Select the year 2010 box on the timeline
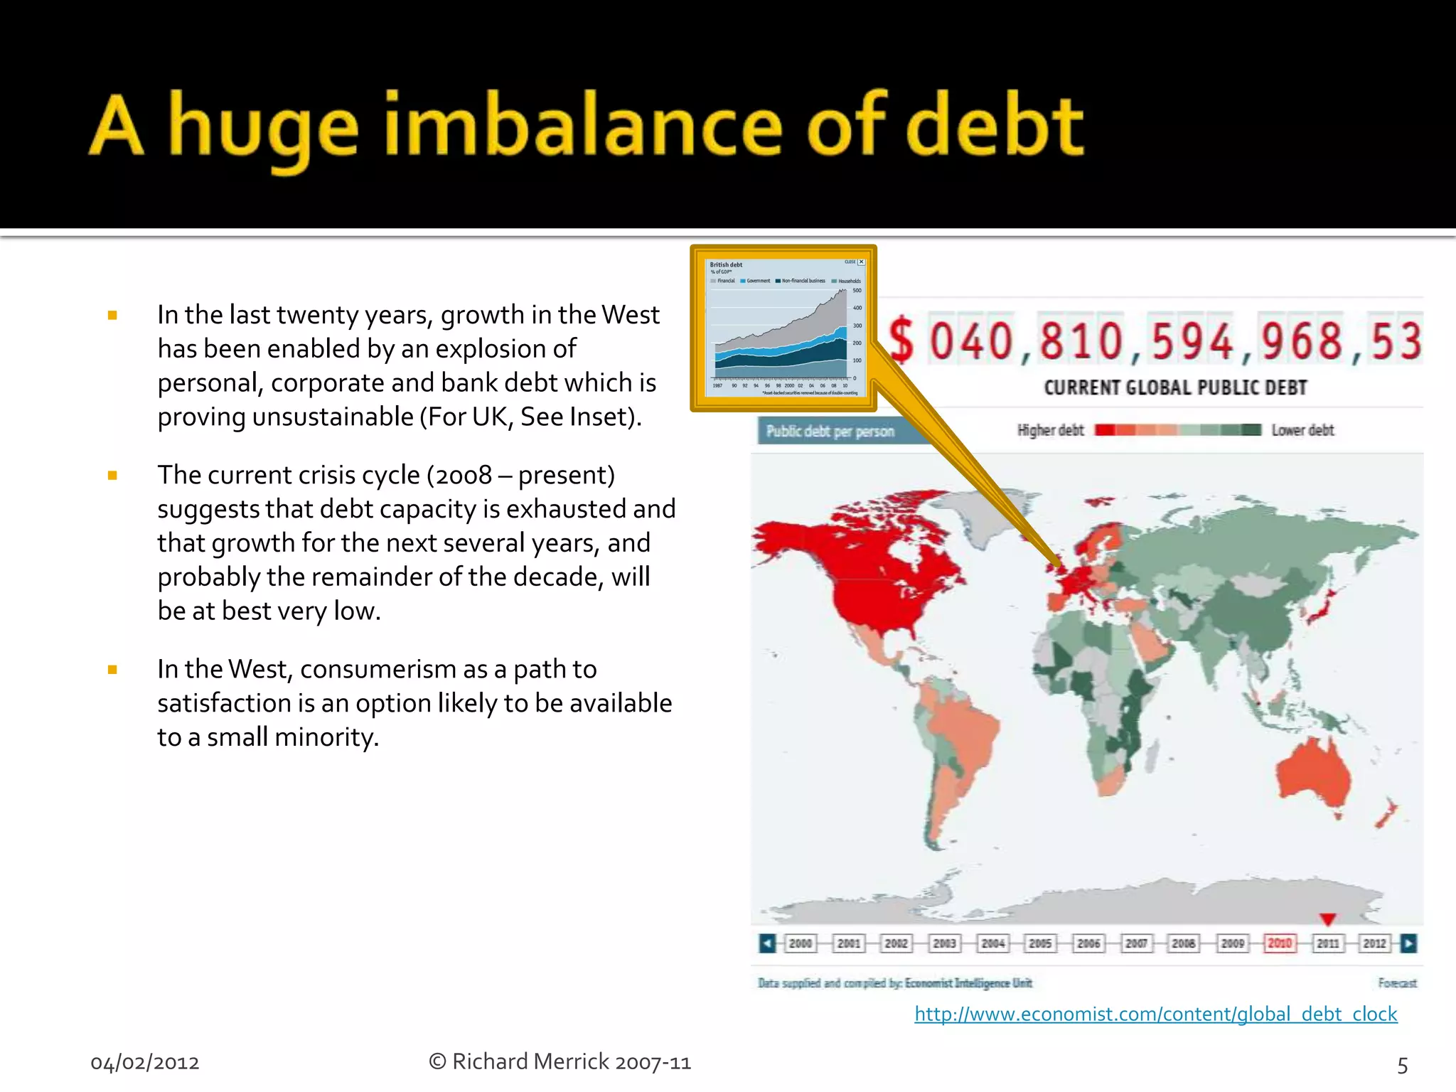tap(1280, 943)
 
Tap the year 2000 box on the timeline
tap(801, 943)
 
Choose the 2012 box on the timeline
tap(1374, 943)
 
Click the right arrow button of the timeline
tap(1408, 943)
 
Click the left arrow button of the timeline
tap(767, 943)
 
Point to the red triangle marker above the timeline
tap(1327, 919)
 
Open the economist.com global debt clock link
tap(1155, 1014)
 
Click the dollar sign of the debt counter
tap(901, 341)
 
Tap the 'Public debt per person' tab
tap(830, 432)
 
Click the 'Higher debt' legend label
tap(1050, 430)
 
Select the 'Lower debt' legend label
tap(1302, 430)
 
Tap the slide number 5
tap(1402, 1065)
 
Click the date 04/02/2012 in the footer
tap(145, 1063)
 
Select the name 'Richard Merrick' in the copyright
tap(530, 1061)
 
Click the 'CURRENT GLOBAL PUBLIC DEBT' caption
tap(1175, 387)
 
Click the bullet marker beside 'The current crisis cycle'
tap(112, 476)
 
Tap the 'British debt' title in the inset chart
tap(726, 264)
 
